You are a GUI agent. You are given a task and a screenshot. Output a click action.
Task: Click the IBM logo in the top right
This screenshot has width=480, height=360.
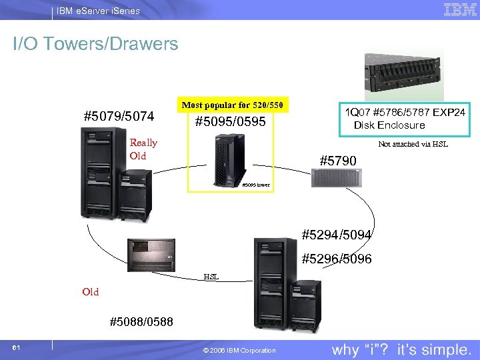[459, 9]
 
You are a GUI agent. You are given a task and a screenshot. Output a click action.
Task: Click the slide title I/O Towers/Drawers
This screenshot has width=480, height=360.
[96, 45]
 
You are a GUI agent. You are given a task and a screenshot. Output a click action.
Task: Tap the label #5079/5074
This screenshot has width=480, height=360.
[119, 117]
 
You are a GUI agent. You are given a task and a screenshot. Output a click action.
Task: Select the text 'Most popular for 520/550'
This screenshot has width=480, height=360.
[233, 105]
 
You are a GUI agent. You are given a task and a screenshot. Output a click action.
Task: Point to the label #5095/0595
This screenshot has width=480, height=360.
[229, 122]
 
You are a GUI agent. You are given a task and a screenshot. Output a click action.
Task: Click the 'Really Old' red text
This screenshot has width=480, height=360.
[143, 149]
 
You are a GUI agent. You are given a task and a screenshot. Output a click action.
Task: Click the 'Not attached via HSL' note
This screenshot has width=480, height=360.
[413, 144]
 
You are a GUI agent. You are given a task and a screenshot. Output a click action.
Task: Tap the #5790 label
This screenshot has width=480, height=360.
[338, 161]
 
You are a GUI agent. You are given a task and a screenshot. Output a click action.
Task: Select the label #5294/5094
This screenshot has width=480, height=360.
[337, 235]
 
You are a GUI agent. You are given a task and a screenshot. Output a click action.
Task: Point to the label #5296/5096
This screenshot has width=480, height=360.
[337, 259]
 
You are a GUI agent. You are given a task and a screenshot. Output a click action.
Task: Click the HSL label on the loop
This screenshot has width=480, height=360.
[211, 275]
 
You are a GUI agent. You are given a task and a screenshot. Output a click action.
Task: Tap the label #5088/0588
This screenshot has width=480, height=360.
[141, 322]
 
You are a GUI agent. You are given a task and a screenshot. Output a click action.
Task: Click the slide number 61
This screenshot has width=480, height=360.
[16, 348]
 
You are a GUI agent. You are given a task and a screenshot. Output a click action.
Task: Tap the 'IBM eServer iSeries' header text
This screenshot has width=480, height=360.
[97, 11]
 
